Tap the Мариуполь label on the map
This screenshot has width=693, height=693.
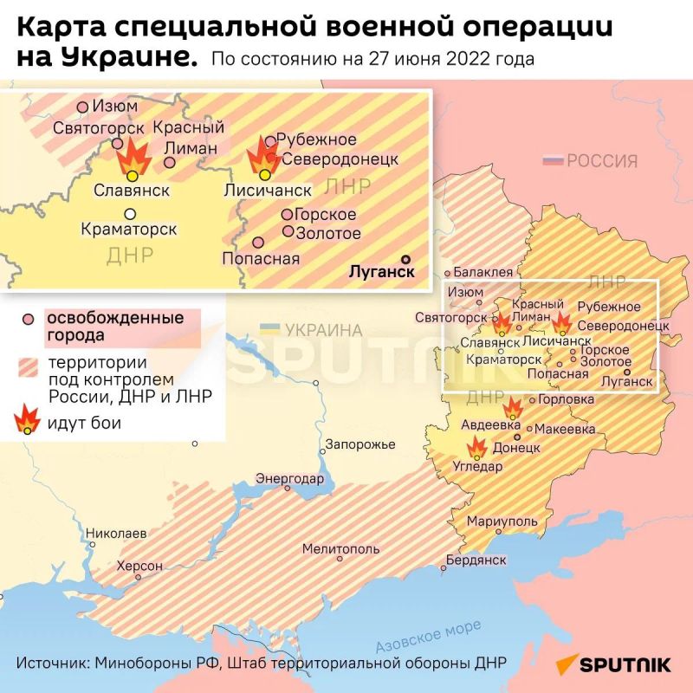(x=502, y=521)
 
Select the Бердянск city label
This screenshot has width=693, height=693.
(x=476, y=560)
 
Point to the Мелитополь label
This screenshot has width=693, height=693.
(x=341, y=549)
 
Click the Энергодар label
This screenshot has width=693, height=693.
(x=289, y=479)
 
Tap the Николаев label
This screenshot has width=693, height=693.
(x=117, y=533)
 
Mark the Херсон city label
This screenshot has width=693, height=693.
(x=139, y=566)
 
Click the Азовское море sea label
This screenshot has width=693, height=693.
(x=428, y=637)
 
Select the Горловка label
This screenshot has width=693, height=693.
(x=566, y=400)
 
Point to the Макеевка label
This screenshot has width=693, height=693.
(x=565, y=429)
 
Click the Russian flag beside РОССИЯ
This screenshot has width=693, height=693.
(x=553, y=160)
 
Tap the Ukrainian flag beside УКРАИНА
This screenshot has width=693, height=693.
(x=270, y=330)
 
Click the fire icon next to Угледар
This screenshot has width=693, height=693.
(x=476, y=447)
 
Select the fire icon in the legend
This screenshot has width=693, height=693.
(x=28, y=421)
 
